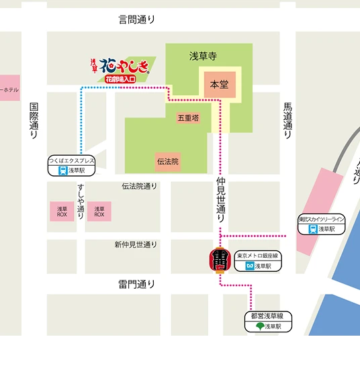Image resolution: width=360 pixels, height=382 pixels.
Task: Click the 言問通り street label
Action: [136, 19]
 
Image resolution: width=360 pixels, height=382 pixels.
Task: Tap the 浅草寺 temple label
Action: [202, 56]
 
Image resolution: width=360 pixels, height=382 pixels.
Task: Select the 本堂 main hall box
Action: [220, 85]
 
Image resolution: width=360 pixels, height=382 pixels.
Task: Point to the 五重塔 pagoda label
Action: [188, 118]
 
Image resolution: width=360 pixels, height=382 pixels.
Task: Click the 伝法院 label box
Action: [168, 161]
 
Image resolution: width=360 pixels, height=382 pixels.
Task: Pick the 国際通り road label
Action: [34, 121]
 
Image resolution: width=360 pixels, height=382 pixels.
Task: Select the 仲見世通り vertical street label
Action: [220, 200]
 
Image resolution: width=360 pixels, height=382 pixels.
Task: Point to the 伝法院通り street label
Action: [139, 186]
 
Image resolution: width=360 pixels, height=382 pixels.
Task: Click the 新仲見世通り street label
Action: [135, 244]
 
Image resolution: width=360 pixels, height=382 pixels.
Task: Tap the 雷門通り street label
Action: [136, 284]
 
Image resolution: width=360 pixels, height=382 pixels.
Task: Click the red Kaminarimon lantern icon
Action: [220, 260]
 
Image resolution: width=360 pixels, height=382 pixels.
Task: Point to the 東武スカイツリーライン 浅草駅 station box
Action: [322, 224]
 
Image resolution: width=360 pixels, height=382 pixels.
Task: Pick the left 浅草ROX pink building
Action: [62, 211]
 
